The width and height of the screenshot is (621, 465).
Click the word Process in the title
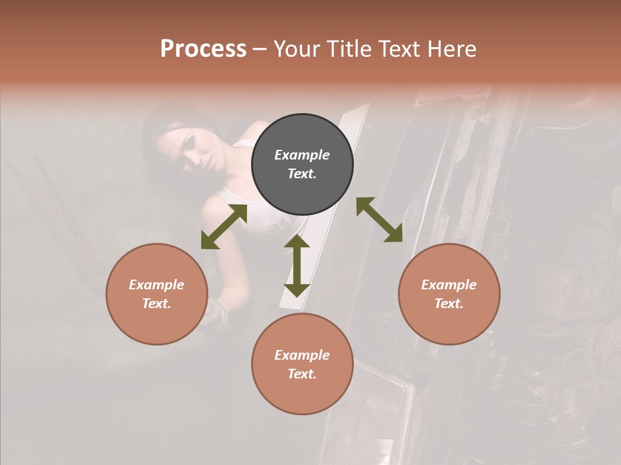click(x=203, y=49)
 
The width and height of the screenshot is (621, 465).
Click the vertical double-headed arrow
click(x=297, y=265)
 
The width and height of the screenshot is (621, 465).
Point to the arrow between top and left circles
click(x=224, y=227)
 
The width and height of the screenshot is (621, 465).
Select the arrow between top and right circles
click(x=379, y=220)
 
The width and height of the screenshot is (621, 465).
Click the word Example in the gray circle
click(x=302, y=155)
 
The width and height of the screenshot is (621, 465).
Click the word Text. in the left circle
click(x=157, y=304)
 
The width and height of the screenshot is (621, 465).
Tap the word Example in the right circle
click(x=449, y=285)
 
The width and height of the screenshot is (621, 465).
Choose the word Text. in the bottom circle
click(x=302, y=374)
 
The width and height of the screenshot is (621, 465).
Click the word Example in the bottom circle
click(x=302, y=355)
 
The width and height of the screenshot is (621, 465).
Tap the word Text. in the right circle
click(x=449, y=304)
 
